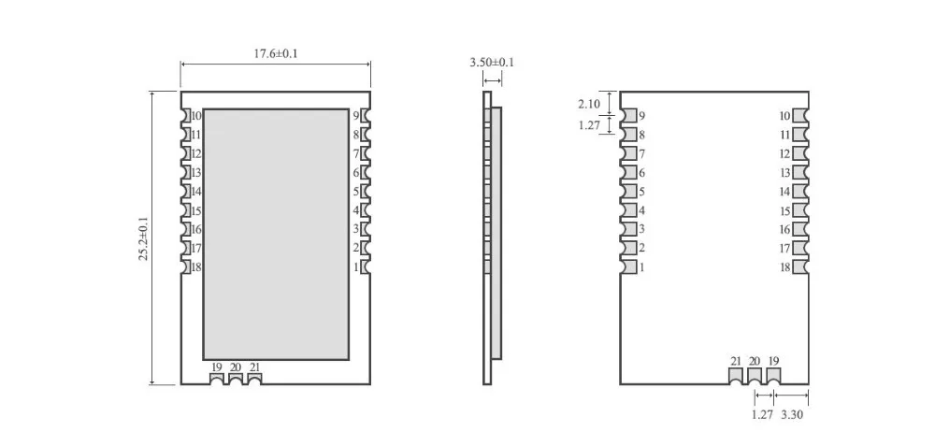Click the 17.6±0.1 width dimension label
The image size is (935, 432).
point(276,53)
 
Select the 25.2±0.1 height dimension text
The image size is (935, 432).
point(144,238)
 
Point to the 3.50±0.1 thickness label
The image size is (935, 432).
point(492,62)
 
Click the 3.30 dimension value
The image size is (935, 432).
point(792,414)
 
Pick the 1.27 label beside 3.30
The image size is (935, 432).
point(762,414)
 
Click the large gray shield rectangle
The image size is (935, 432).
point(276,235)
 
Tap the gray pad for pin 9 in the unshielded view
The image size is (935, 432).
point(628,115)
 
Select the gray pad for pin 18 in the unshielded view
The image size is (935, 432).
point(800,267)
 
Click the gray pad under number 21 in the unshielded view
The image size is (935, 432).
point(736,376)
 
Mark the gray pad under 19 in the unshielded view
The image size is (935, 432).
point(773,376)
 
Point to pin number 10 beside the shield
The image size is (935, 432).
point(196,116)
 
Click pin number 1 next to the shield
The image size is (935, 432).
point(356,268)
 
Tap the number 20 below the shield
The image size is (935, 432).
point(236,367)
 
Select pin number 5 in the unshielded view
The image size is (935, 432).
point(641,192)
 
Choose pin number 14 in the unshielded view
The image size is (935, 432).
point(784,192)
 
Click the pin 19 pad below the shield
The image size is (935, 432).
point(217,379)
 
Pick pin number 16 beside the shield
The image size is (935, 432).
point(196,230)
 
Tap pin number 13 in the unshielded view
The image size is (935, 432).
point(784,172)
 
